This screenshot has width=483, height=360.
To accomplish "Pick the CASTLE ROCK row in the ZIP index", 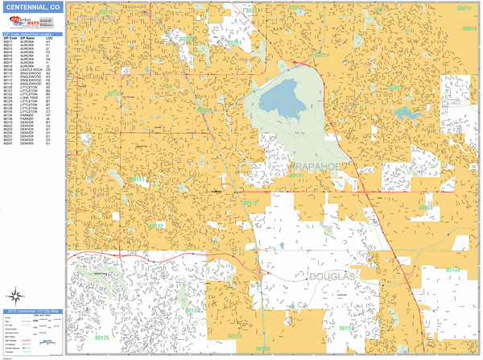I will tap(33, 69).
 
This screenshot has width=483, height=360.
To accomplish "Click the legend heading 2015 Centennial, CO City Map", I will tap(33, 309).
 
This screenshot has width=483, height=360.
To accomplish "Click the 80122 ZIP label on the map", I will tap(155, 226).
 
